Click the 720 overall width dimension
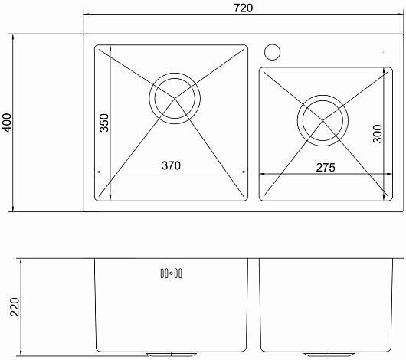pyautogui.click(x=243, y=8)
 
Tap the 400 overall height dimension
pyautogui.click(x=8, y=123)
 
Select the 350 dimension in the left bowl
pyautogui.click(x=104, y=123)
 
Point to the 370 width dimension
pyautogui.click(x=171, y=165)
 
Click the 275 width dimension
pyautogui.click(x=326, y=168)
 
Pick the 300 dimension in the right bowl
pyautogui.click(x=378, y=133)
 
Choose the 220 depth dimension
pyautogui.click(x=15, y=307)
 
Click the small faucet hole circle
pyautogui.click(x=272, y=52)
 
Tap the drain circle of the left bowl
pyautogui.click(x=175, y=98)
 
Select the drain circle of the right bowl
pyautogui.click(x=323, y=120)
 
